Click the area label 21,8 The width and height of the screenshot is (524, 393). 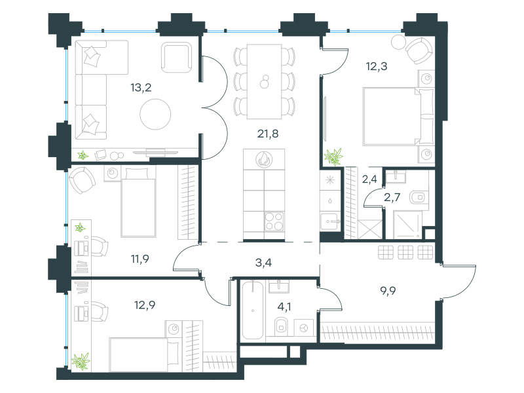click(268, 134)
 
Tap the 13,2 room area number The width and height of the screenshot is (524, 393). click(141, 88)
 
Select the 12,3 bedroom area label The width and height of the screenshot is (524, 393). click(377, 66)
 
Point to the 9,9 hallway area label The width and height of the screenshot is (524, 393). click(388, 291)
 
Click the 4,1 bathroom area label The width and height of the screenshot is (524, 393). click(284, 307)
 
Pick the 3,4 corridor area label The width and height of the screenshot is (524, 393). click(263, 263)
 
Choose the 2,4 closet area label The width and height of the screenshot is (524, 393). click(369, 179)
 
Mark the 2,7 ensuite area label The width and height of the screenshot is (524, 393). click(392, 197)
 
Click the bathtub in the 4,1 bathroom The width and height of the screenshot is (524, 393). click(253, 310)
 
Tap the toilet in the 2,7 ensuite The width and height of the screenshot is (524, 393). click(418, 197)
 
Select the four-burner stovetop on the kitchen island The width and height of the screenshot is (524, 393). click(274, 221)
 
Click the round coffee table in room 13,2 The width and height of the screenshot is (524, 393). click(155, 114)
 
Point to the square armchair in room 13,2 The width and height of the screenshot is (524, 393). click(177, 57)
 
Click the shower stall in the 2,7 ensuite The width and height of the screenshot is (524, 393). click(407, 225)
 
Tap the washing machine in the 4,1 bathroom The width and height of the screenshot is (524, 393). click(303, 328)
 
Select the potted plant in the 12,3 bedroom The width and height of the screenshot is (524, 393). click(333, 157)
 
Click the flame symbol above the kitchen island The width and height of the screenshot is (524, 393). click(264, 159)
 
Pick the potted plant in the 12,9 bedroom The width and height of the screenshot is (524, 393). click(81, 362)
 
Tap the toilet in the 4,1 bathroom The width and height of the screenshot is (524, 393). click(282, 326)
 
